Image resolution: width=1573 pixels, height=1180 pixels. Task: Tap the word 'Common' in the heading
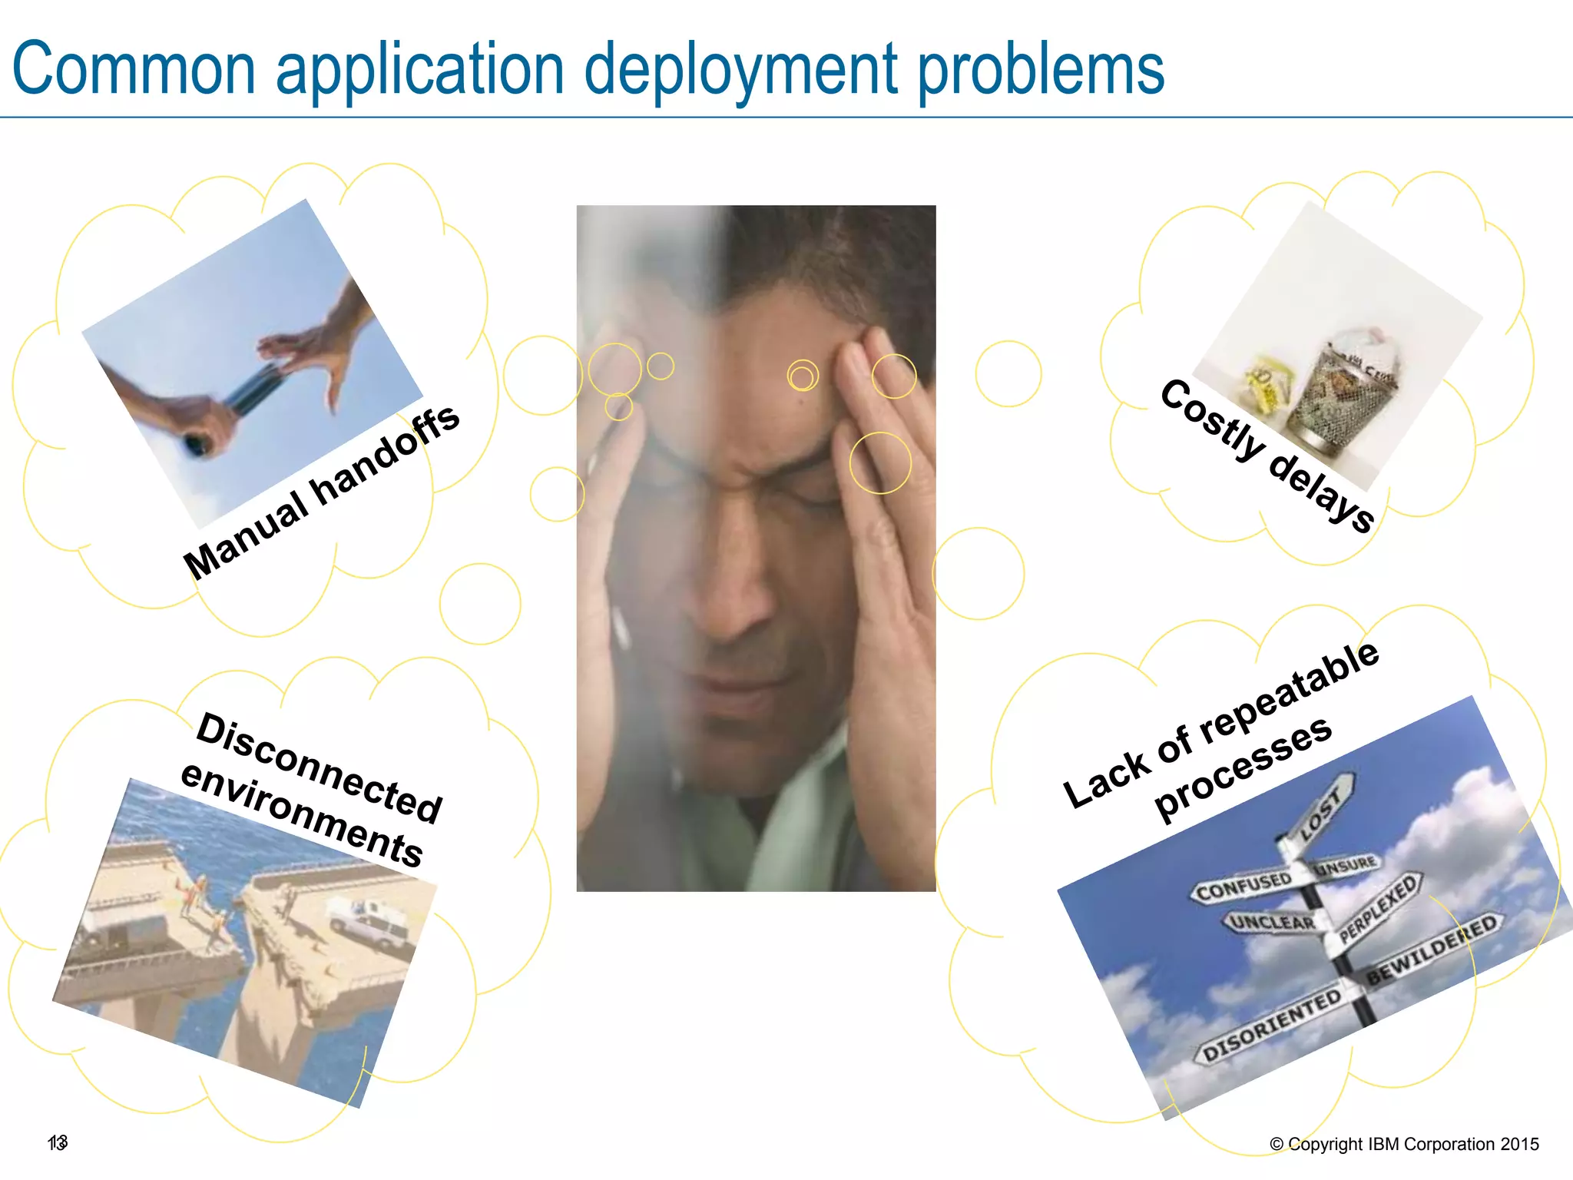pos(134,69)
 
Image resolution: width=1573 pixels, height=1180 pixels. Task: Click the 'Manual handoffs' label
pos(321,492)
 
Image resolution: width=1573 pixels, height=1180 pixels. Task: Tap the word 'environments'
pos(301,814)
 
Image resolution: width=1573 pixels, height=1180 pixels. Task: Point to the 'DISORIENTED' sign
pos(1271,1026)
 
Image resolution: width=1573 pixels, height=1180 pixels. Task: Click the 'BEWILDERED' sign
pos(1432,949)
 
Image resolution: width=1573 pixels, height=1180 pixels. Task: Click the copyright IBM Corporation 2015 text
pos(1404,1144)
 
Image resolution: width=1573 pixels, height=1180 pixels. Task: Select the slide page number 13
pos(58,1142)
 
